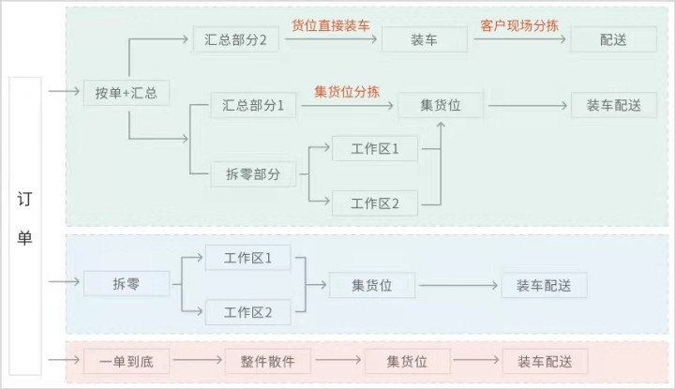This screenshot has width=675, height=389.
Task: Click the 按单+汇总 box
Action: (127, 93)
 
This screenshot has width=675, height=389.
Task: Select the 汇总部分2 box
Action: (235, 40)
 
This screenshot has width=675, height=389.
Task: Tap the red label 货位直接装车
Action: (329, 24)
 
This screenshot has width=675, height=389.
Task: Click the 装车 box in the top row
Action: (424, 40)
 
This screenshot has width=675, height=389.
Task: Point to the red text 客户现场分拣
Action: (518, 24)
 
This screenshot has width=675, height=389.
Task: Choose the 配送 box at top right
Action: (611, 40)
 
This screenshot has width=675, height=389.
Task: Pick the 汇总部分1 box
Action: (253, 107)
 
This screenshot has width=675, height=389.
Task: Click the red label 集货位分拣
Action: (347, 91)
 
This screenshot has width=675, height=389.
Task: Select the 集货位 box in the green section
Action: (442, 106)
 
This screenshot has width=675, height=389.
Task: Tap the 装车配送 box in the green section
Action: (614, 106)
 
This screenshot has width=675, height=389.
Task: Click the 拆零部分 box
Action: (253, 173)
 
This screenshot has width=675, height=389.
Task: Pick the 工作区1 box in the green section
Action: (375, 149)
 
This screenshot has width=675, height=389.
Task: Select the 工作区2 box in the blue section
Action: (248, 312)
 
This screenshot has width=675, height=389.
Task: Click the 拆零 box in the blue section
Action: (127, 284)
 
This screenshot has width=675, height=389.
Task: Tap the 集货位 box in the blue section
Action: (372, 285)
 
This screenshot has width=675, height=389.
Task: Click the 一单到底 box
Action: (125, 361)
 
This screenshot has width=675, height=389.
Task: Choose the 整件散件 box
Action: (267, 361)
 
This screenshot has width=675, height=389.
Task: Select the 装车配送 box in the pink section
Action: (538, 361)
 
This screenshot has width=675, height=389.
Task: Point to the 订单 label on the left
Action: (25, 217)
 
